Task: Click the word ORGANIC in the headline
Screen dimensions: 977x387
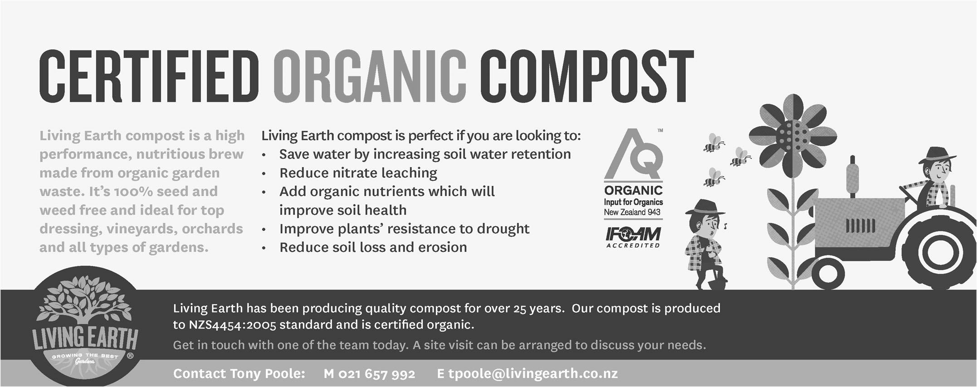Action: [x=370, y=77]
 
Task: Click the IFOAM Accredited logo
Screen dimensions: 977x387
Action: [x=633, y=238]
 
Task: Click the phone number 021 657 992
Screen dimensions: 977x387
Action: [x=377, y=374]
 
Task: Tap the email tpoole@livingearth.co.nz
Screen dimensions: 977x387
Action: [x=533, y=373]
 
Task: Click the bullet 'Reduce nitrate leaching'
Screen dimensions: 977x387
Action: [x=358, y=173]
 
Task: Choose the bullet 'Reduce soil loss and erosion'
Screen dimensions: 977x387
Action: [x=373, y=247]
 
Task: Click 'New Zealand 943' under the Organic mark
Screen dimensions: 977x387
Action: [x=632, y=212]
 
